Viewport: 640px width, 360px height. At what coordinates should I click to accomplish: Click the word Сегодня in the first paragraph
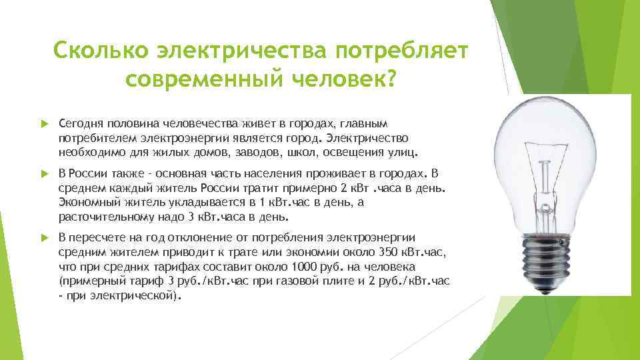coord(78,124)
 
